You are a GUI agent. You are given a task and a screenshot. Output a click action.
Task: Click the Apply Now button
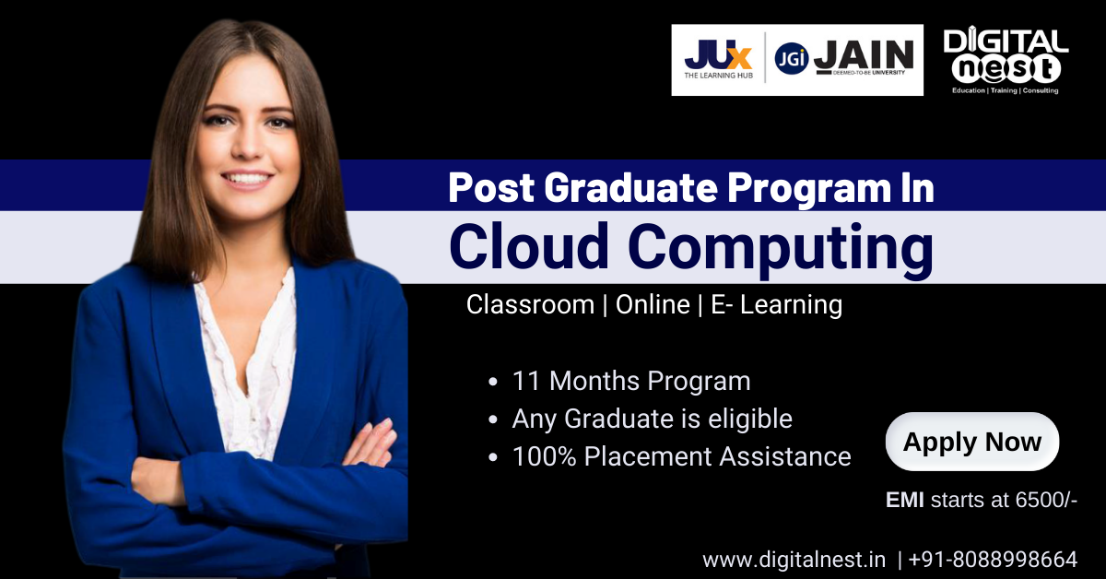(972, 442)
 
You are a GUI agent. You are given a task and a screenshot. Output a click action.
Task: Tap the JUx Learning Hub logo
(718, 60)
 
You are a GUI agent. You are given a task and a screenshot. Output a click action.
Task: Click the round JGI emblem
(792, 58)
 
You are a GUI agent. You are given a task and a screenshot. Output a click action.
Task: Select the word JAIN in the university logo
(864, 55)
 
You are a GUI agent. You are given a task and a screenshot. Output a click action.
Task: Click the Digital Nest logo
(1006, 60)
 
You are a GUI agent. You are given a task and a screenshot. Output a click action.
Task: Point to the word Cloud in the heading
(529, 246)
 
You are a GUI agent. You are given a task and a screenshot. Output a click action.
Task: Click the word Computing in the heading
(781, 250)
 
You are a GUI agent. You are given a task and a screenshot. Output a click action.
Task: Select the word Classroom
(530, 304)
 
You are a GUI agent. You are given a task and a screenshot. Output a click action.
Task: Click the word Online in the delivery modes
(653, 304)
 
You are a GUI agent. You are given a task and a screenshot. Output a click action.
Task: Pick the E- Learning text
(777, 304)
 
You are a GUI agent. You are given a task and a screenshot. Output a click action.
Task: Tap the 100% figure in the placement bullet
(544, 456)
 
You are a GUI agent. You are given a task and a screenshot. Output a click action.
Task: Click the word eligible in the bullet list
(750, 419)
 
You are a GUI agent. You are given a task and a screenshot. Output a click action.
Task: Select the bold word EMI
(904, 500)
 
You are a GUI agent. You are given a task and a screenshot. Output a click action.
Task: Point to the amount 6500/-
(1046, 500)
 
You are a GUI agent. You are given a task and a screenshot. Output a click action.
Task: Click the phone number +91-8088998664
(993, 560)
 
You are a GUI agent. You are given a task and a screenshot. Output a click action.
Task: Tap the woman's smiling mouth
(246, 178)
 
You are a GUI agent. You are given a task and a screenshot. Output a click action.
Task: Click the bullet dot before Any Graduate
(493, 419)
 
